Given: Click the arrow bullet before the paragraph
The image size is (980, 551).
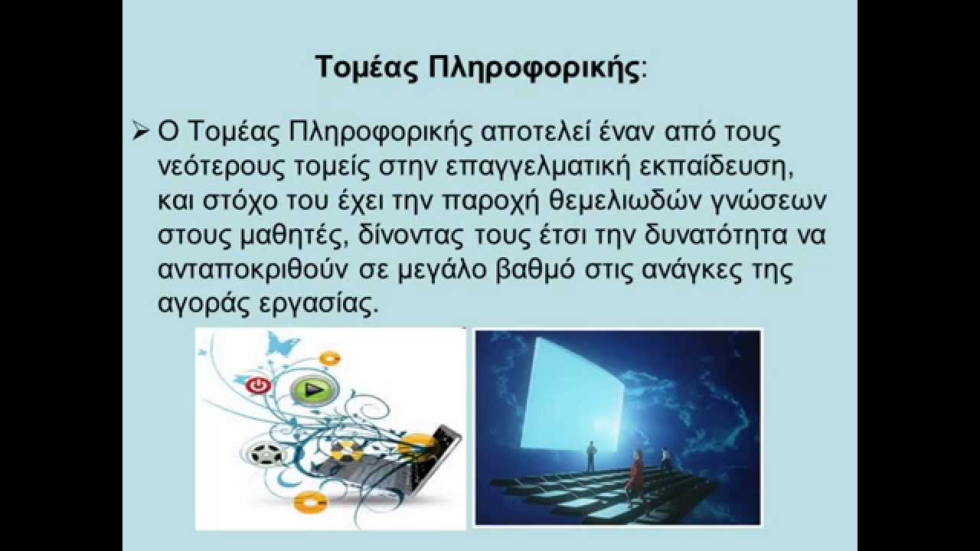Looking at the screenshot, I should pyautogui.click(x=139, y=132).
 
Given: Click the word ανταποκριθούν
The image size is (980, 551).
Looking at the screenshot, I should pyautogui.click(x=252, y=269).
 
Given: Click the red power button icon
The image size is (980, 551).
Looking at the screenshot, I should pyautogui.click(x=258, y=386).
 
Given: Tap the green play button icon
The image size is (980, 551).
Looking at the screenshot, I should pyautogui.click(x=312, y=390).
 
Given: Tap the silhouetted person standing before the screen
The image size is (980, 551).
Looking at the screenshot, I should pyautogui.click(x=590, y=458).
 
